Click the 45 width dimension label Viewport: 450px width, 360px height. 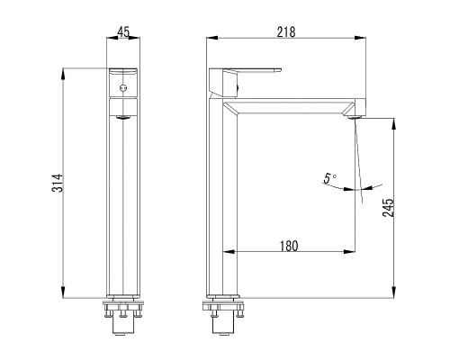tap(123, 32)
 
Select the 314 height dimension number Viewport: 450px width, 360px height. tap(57, 183)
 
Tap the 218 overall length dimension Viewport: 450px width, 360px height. tap(286, 32)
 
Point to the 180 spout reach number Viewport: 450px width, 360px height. tap(289, 246)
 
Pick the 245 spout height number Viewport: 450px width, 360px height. tap(388, 207)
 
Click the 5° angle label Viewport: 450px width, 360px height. tap(329, 178)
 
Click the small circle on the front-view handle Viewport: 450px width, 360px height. tap(123, 88)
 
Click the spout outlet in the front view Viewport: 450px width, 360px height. tap(123, 117)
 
